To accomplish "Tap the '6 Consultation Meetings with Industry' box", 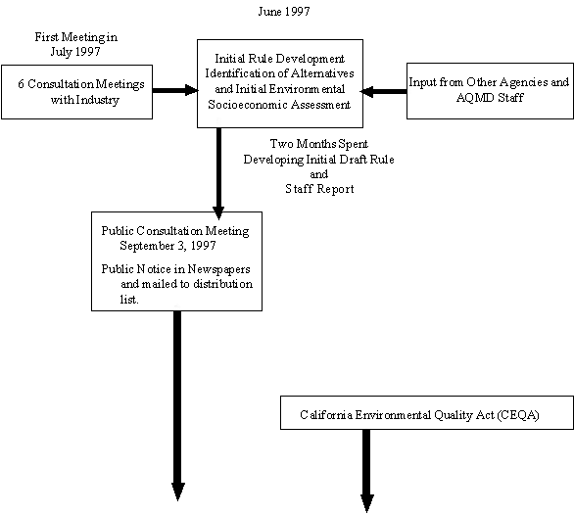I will coord(77,92).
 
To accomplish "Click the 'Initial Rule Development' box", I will coord(279,83).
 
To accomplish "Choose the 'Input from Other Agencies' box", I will coord(488,91).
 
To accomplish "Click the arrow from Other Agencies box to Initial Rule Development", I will coord(384,91).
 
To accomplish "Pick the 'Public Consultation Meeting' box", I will coord(176,260).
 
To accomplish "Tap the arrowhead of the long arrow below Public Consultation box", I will coord(178,490).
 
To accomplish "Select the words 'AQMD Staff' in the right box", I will coord(488,99).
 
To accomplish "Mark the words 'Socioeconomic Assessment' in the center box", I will coord(279,105).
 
